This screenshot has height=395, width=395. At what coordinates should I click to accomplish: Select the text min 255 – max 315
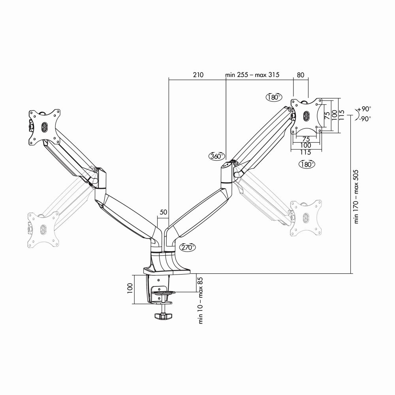click(x=252, y=75)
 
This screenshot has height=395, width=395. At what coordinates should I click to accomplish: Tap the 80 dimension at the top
click(x=301, y=75)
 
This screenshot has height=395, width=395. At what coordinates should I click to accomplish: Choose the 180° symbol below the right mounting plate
click(x=307, y=164)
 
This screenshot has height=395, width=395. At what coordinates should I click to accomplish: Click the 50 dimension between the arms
click(x=163, y=212)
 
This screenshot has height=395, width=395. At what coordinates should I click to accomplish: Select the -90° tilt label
click(x=365, y=119)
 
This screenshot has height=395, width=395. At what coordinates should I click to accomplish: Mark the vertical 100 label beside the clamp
click(x=129, y=290)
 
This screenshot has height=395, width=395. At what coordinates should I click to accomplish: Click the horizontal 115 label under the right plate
click(x=305, y=152)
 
